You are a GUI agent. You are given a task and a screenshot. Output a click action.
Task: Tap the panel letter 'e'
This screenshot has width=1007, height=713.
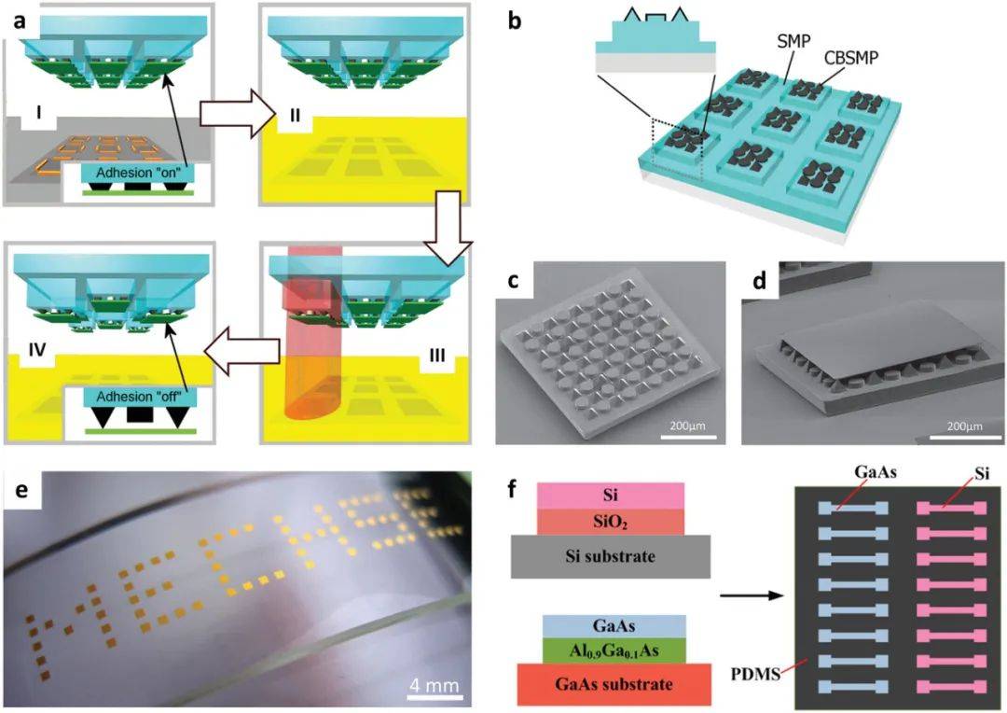click(x=19, y=492)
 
